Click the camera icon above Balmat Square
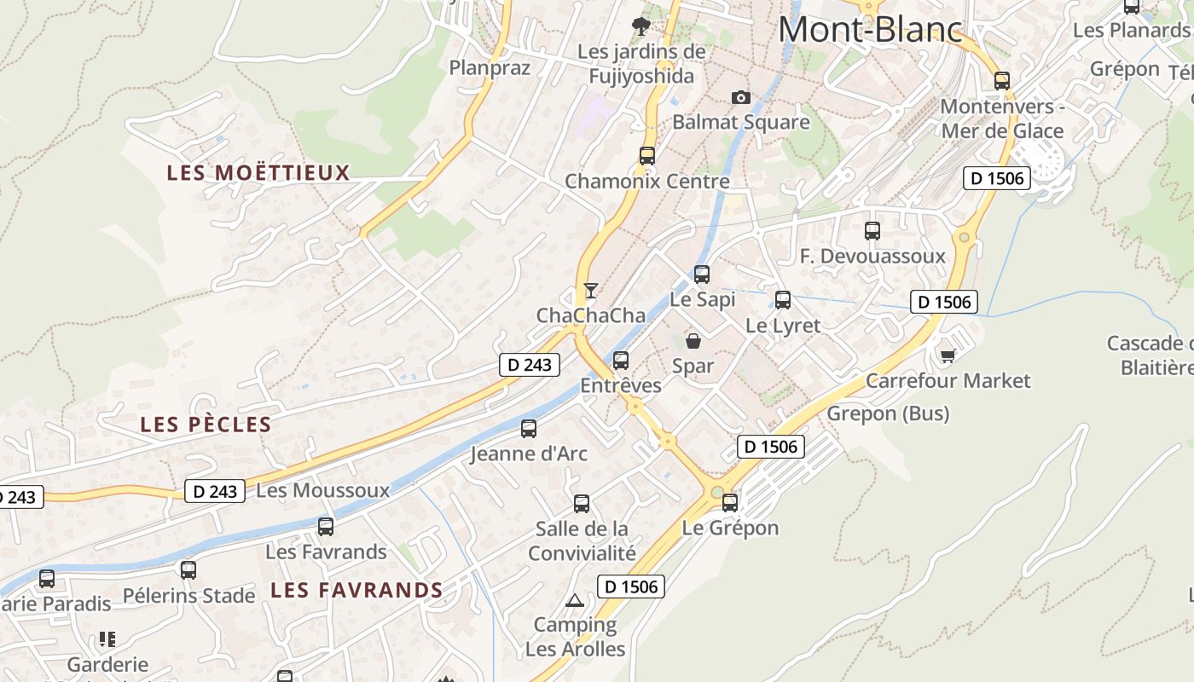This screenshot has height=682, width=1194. point(741,97)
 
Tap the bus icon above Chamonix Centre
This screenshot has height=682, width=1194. point(647,156)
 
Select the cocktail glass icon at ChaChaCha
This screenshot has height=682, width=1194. point(590,290)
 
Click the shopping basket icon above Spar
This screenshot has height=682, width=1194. point(693,341)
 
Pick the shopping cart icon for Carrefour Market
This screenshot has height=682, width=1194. point(948,355)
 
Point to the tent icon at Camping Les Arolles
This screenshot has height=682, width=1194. point(575,600)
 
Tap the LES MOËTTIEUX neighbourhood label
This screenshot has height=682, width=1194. point(258,173)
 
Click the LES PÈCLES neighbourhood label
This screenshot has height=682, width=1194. point(206,425)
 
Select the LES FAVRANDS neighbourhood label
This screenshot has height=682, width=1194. point(356,590)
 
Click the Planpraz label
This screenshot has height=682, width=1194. point(490,68)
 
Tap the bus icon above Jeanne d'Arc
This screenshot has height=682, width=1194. point(529,428)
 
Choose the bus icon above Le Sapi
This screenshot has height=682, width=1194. point(702,275)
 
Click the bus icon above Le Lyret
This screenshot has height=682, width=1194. point(783,300)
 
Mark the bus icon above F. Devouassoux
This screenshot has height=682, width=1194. point(872,231)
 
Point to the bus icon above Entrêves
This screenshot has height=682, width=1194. point(621,361)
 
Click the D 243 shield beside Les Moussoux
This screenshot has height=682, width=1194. point(215,491)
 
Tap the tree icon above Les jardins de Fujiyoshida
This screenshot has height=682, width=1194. point(641,26)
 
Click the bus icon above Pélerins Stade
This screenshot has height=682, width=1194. point(188,570)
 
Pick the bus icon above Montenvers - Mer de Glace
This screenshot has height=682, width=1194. point(1002,81)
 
